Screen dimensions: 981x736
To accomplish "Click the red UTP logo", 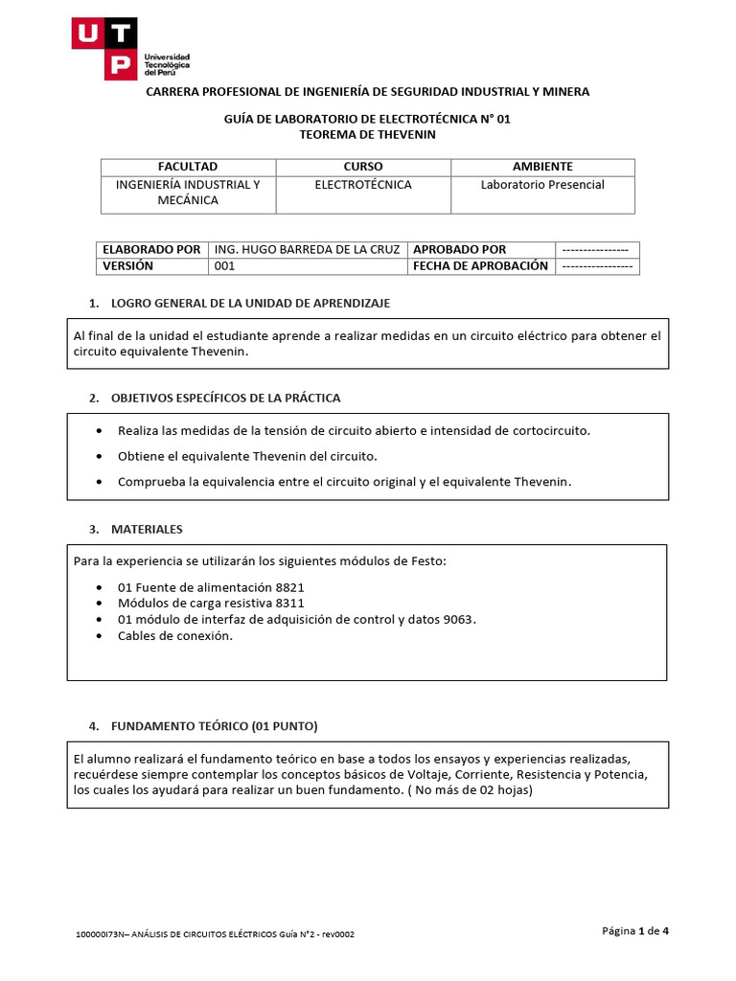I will (x=104, y=48).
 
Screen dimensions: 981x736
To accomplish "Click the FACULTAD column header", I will (x=188, y=167).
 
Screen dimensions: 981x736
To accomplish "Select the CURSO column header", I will (x=362, y=167).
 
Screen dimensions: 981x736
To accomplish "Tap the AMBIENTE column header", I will (x=542, y=167).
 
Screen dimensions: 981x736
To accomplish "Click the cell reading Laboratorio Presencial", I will (x=542, y=185).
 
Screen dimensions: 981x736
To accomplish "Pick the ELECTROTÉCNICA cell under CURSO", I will (x=362, y=185).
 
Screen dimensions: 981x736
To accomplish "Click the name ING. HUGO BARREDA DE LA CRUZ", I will (x=307, y=249).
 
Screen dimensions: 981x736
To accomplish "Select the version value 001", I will (x=224, y=266).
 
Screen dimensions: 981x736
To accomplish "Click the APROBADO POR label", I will (x=459, y=249).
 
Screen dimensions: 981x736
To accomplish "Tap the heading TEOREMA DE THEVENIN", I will (x=367, y=135).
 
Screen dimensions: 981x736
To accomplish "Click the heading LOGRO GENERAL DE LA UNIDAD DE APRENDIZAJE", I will (x=250, y=304).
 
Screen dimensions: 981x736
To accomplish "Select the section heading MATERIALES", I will (x=147, y=529).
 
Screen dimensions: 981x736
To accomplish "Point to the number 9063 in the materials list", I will (x=458, y=620).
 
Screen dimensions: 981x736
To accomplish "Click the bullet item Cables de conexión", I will (x=174, y=636).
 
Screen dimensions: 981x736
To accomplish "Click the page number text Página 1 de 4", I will (x=634, y=930).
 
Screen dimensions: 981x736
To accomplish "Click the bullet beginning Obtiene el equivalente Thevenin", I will (x=247, y=456).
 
